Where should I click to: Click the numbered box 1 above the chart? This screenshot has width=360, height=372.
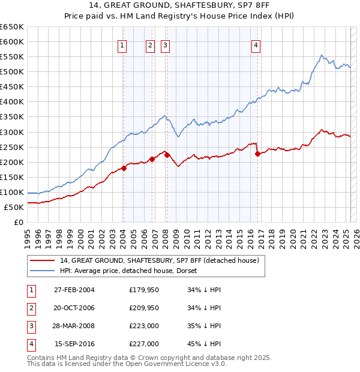(x=122, y=44)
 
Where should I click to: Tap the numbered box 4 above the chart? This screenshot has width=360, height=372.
(x=256, y=44)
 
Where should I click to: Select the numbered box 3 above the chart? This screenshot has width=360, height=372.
(x=165, y=44)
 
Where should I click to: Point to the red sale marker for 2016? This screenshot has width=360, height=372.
(x=257, y=154)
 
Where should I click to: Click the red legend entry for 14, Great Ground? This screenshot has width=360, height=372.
(x=159, y=260)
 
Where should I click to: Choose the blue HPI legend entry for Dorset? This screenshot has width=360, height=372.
(x=133, y=271)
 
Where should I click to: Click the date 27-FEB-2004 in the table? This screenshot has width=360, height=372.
(x=74, y=290)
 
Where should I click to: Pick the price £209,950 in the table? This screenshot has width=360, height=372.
(x=144, y=308)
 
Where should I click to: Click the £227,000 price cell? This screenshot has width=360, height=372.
(x=144, y=344)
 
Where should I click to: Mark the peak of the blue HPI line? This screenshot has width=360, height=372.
(x=322, y=55)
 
